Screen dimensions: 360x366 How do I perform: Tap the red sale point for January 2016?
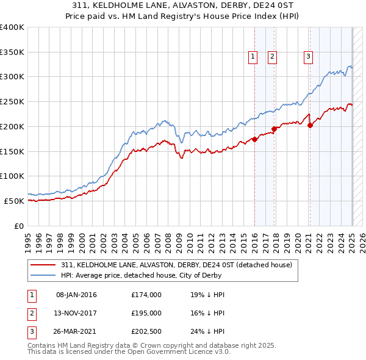[x=254, y=139]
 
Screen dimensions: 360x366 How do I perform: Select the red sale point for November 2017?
[x=274, y=129]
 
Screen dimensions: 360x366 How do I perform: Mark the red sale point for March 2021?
[x=310, y=125]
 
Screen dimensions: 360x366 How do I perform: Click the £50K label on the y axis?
[x=15, y=201]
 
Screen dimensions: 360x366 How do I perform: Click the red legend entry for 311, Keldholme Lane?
[x=177, y=265]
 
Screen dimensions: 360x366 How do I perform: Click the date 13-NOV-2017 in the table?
[x=76, y=312]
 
